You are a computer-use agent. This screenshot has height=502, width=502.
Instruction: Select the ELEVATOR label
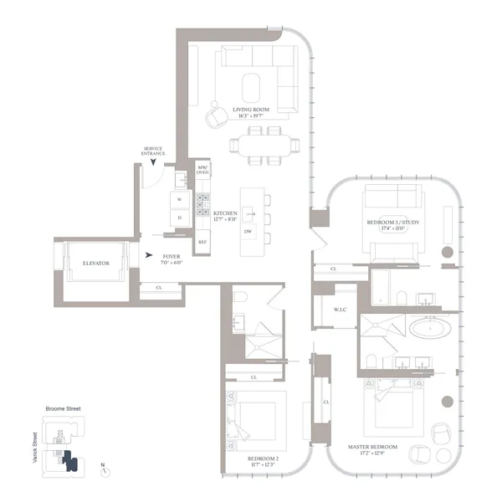(x=96, y=264)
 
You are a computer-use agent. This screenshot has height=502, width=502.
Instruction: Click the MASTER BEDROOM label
(x=373, y=447)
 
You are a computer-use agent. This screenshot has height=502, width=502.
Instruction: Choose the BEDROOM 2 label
(x=264, y=459)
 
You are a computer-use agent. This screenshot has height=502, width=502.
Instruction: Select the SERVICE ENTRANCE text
(x=154, y=151)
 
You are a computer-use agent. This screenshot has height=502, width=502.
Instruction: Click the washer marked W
(x=180, y=199)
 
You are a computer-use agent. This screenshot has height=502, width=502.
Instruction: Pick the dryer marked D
(x=180, y=218)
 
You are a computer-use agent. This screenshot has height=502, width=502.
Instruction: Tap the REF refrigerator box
(x=202, y=242)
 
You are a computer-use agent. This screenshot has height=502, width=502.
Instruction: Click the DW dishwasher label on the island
(x=248, y=231)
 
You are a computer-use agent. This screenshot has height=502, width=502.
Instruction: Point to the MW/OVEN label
(x=202, y=169)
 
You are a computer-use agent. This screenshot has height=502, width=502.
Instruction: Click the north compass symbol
(x=106, y=471)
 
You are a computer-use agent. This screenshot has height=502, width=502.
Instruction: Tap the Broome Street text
(x=64, y=409)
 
